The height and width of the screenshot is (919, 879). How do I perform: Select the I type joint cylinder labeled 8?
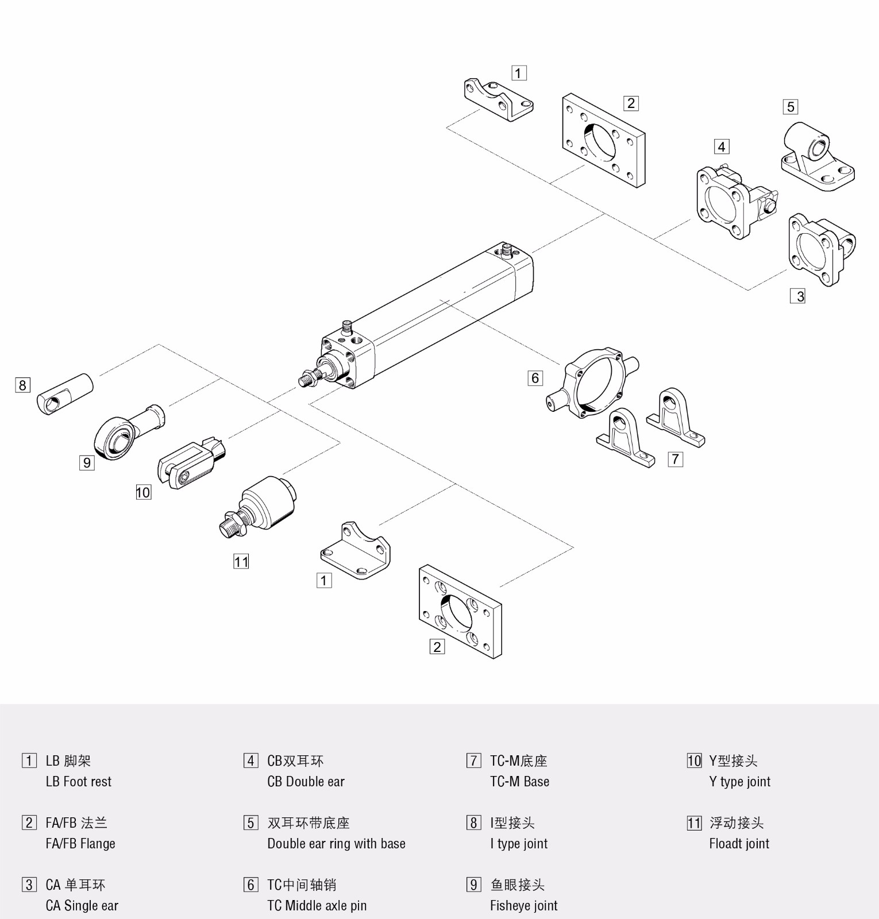coord(65,393)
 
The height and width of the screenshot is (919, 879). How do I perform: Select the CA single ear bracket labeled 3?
coord(820,250)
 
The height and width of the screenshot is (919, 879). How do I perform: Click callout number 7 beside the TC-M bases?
coord(675,459)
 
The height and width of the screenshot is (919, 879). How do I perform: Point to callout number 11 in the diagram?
coord(241,561)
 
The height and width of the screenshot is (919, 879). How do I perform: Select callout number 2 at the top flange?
coord(631,103)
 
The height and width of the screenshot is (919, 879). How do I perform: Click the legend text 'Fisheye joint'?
coord(523,906)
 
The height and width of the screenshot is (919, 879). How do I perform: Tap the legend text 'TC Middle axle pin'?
coord(317,906)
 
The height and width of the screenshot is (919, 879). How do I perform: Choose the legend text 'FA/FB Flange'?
coord(80,844)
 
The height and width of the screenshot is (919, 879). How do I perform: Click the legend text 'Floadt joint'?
coord(739,844)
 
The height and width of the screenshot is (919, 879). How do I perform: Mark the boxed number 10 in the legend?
coord(694,761)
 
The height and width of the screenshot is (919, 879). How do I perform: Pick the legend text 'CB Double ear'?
coord(306,782)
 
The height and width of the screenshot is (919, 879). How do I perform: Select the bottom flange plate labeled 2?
coord(460,612)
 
